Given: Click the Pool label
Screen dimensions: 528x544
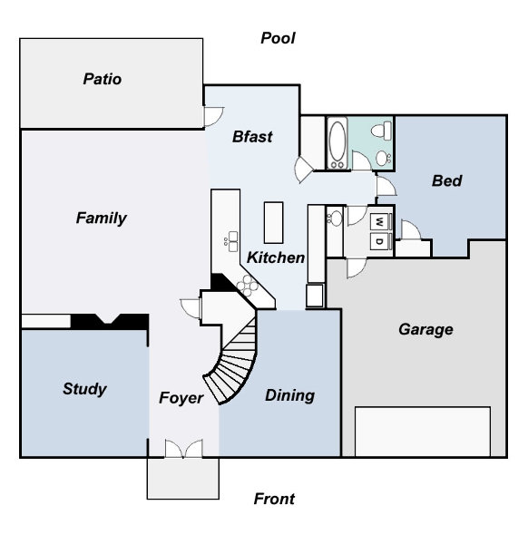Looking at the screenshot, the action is [278, 38].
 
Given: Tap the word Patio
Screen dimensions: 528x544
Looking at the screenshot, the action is [102, 79].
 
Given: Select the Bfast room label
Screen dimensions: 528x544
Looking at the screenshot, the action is [252, 137].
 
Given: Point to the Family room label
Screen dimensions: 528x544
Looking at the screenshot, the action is [102, 219].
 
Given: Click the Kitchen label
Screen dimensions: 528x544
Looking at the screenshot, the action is [276, 257].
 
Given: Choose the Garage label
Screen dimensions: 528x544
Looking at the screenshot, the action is [426, 330].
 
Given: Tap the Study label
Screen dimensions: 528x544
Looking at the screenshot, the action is [84, 389].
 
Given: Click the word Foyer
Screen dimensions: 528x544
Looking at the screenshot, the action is [181, 398].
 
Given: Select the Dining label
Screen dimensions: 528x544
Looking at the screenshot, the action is [290, 396].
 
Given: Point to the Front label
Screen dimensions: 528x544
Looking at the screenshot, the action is [274, 499].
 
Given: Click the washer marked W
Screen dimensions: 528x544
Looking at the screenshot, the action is [380, 221].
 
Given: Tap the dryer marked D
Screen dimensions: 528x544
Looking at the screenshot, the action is [380, 241].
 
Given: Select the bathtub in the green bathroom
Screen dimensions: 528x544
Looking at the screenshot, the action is [337, 143].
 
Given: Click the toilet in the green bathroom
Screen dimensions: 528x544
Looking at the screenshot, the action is [382, 131].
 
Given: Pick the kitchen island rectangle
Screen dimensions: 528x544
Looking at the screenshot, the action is [274, 222].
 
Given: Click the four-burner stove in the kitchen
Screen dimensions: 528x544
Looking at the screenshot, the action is [248, 286].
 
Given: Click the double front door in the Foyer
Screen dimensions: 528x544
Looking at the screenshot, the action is [183, 449].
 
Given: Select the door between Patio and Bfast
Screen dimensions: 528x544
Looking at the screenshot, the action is [213, 117].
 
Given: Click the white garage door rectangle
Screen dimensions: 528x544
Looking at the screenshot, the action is [423, 432].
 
